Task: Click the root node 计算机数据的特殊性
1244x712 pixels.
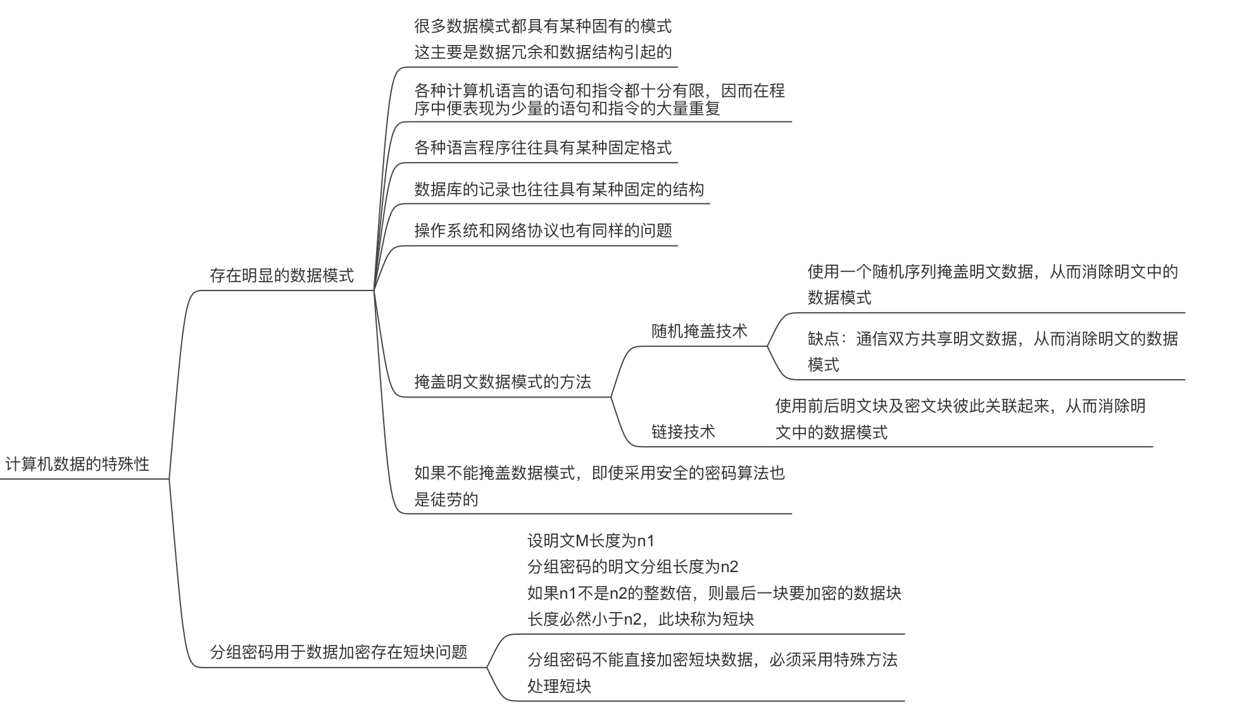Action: coord(77,464)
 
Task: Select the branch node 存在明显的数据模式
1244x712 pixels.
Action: coord(282,275)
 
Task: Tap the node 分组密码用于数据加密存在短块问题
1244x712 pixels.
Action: coord(338,652)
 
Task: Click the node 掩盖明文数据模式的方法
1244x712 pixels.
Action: coord(502,382)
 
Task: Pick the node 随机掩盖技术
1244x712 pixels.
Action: coord(699,331)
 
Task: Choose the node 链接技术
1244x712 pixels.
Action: coord(682,432)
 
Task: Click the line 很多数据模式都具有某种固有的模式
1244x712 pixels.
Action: coord(543,26)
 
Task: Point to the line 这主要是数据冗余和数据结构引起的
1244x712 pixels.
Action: coord(543,52)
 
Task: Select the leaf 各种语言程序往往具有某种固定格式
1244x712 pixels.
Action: coord(543,147)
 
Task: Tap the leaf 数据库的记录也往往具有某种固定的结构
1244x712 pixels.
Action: coord(558,189)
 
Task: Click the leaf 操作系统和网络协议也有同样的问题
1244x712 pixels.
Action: coord(543,230)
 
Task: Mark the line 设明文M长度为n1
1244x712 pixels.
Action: coord(591,540)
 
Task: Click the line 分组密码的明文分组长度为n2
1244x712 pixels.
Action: coord(632,566)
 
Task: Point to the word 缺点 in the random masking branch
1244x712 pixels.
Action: coord(823,339)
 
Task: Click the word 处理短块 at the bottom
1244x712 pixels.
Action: coord(558,686)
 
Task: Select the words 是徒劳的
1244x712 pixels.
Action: coord(446,499)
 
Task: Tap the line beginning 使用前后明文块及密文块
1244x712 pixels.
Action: coord(960,406)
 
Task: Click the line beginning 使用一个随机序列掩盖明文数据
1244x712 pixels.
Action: coord(992,272)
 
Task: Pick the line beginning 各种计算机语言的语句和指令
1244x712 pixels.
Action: coord(599,91)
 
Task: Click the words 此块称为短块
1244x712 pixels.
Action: coord(706,619)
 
